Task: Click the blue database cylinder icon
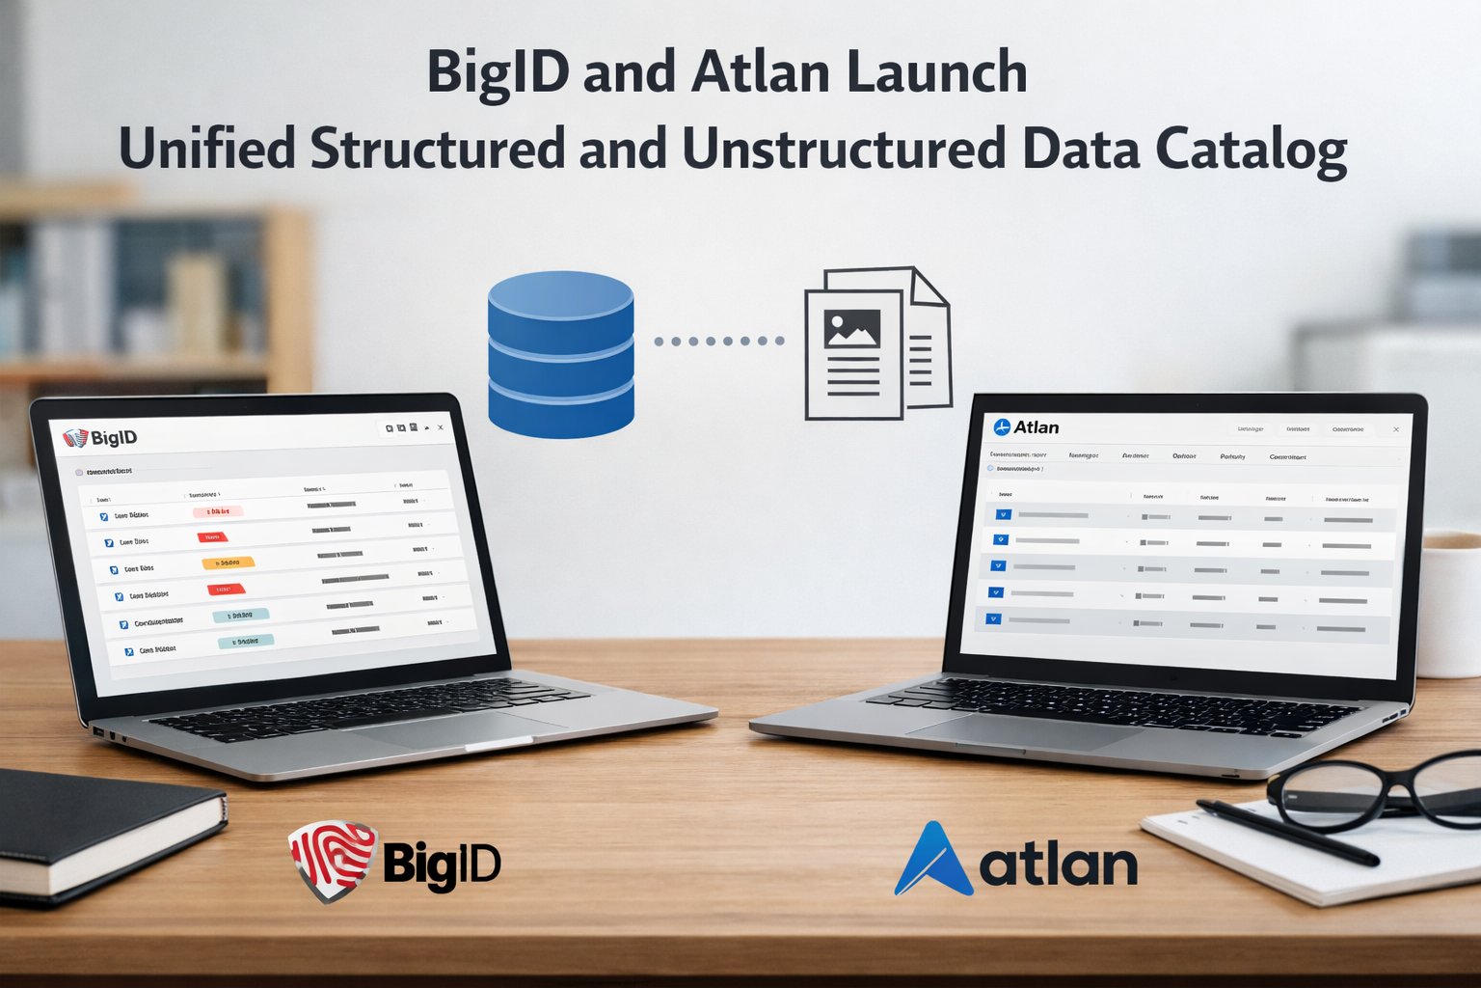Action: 560,354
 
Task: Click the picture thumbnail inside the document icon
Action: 851,328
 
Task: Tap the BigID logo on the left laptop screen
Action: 100,438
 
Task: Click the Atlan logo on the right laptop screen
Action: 1026,427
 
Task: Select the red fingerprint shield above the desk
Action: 333,860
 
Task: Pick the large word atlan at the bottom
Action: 1058,864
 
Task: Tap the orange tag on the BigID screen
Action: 228,563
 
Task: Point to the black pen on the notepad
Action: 1287,831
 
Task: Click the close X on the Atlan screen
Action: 1396,429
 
